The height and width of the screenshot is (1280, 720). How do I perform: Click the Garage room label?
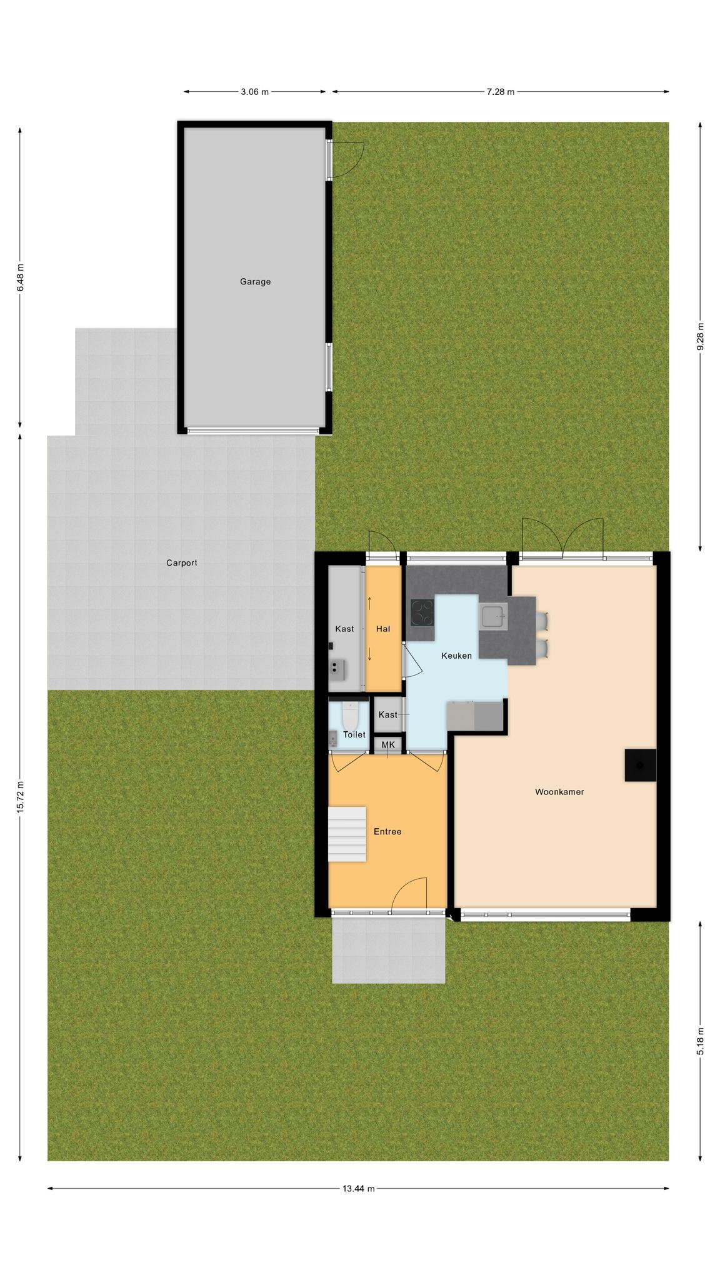click(x=255, y=282)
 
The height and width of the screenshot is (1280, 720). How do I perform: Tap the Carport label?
click(x=181, y=562)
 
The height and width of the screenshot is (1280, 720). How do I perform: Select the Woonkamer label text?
click(x=559, y=792)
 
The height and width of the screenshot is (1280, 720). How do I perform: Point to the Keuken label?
click(x=456, y=656)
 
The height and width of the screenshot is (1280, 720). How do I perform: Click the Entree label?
click(x=387, y=832)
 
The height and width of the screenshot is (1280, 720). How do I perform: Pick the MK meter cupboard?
click(x=388, y=745)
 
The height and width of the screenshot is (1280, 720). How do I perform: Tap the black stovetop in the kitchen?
click(x=422, y=612)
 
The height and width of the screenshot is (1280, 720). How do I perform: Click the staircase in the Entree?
click(x=347, y=834)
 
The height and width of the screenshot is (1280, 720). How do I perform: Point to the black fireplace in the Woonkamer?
click(x=641, y=765)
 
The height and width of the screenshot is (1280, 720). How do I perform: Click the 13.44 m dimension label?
click(x=358, y=1189)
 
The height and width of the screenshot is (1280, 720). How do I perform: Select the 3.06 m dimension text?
click(x=254, y=92)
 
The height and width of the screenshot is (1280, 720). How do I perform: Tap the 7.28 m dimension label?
click(x=501, y=92)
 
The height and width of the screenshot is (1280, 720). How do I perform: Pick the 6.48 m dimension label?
click(x=20, y=276)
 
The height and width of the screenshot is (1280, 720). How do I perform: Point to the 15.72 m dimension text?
click(x=20, y=797)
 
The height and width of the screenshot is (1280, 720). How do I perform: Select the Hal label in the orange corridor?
click(x=383, y=629)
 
